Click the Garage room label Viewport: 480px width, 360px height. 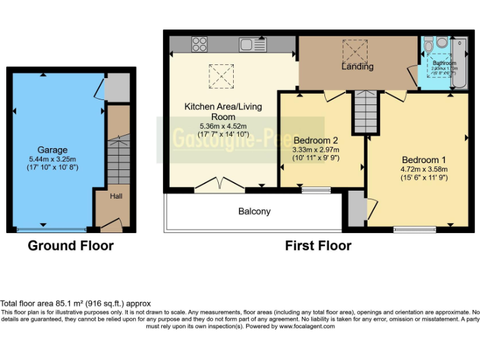pyautogui.click(x=52, y=150)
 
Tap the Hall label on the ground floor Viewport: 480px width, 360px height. pyautogui.click(x=116, y=196)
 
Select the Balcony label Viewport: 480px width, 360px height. pyautogui.click(x=254, y=211)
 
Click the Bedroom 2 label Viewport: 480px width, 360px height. pyautogui.click(x=316, y=140)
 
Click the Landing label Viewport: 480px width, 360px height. pyautogui.click(x=357, y=66)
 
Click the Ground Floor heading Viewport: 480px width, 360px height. pyautogui.click(x=71, y=246)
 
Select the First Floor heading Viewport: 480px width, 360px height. pyautogui.click(x=318, y=246)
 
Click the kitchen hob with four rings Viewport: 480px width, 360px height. pyautogui.click(x=199, y=44)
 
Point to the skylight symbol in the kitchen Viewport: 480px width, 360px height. pyautogui.click(x=218, y=76)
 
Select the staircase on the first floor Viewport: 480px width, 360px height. pyautogui.click(x=365, y=111)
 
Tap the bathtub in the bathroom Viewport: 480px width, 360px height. pyautogui.click(x=459, y=62)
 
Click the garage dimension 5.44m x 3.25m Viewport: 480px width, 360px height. pyautogui.click(x=52, y=159)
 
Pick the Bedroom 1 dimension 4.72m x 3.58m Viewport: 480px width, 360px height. pyautogui.click(x=424, y=169)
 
